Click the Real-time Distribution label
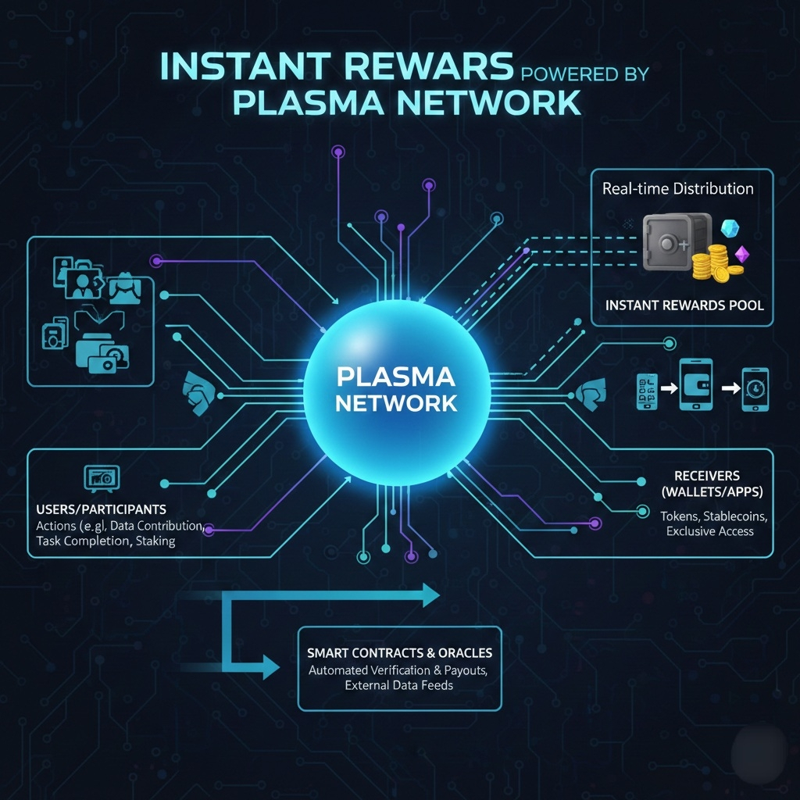(x=677, y=188)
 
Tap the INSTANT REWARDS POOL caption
(x=684, y=305)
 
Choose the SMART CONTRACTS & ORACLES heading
(x=399, y=652)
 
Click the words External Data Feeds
(x=399, y=685)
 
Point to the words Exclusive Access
(x=710, y=531)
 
